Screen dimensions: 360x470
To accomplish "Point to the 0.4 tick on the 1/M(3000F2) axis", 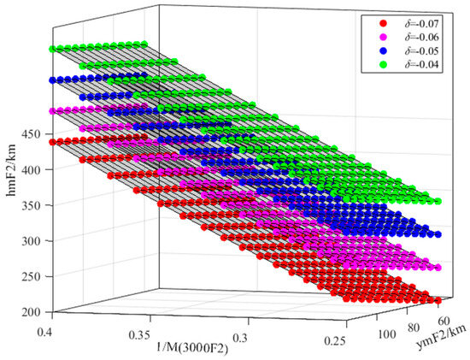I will (x=44, y=328).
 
